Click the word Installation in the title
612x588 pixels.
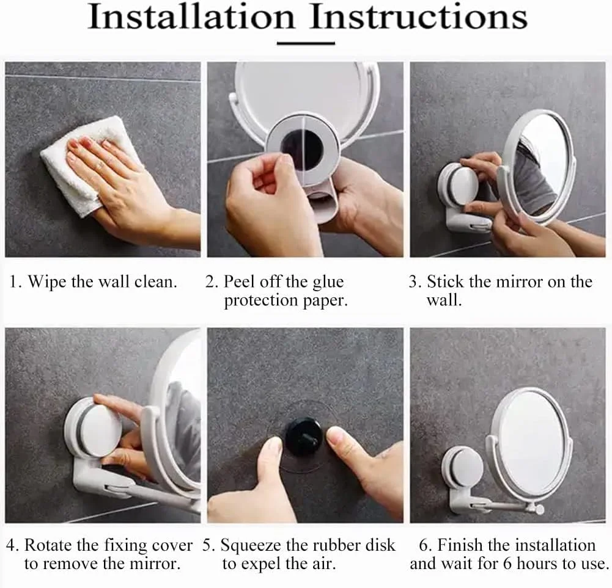pyautogui.click(x=191, y=17)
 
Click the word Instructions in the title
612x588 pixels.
pyautogui.click(x=419, y=17)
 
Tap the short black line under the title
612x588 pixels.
pyautogui.click(x=306, y=43)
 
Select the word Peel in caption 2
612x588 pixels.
pyautogui.click(x=239, y=281)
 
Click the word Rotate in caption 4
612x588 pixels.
pyautogui.click(x=49, y=545)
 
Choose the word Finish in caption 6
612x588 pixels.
pyautogui.click(x=460, y=545)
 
